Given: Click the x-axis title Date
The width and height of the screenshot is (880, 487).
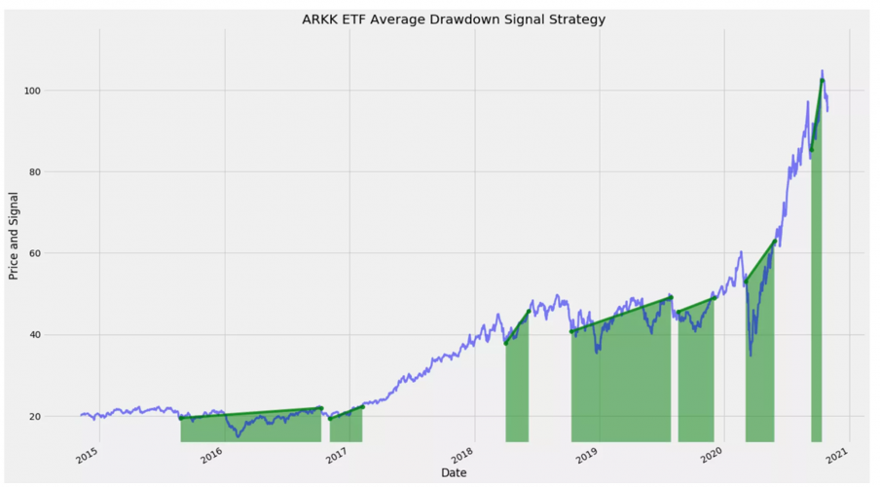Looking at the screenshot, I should (x=453, y=473).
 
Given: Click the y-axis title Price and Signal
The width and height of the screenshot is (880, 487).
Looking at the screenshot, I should (x=14, y=239).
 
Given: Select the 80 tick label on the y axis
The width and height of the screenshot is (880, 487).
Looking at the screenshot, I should (x=59, y=172).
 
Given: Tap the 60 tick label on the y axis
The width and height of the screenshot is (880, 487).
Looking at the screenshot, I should (x=59, y=253).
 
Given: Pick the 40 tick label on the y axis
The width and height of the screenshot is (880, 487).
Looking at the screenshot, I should (x=59, y=335).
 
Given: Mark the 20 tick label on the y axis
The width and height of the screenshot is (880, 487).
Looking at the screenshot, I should (x=59, y=417).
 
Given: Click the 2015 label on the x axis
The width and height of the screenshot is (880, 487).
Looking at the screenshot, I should (x=85, y=454).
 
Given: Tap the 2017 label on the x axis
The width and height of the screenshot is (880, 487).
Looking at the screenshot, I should (x=335, y=454).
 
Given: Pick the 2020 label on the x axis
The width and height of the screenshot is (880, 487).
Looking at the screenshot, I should (x=710, y=454).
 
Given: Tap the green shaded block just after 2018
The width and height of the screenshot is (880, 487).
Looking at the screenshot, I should (x=517, y=390).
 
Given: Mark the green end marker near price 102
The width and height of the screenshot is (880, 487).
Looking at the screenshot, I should (x=823, y=81).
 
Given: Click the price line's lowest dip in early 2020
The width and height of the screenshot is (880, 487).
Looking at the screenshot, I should (x=751, y=355).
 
